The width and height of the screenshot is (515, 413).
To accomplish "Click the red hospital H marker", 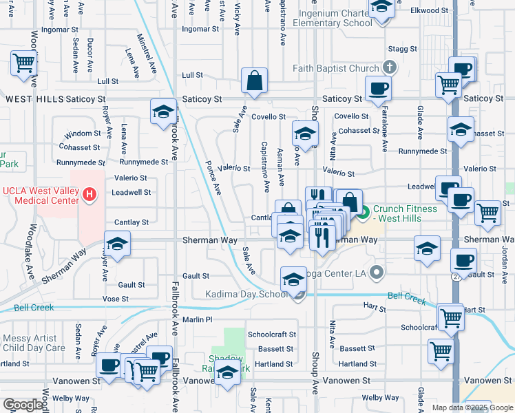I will (x=88, y=195).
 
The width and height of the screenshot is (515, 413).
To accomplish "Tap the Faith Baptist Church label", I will (x=335, y=68).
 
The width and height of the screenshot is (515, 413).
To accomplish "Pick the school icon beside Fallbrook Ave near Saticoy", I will (x=162, y=112).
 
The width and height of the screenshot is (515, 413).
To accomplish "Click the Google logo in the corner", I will (x=23, y=405).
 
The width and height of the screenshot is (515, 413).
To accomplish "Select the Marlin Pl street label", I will (x=198, y=319).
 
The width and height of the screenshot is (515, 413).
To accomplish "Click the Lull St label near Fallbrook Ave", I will (x=192, y=75).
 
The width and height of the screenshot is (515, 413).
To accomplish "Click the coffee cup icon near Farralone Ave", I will (x=378, y=89).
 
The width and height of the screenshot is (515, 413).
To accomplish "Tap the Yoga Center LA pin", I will (x=376, y=272).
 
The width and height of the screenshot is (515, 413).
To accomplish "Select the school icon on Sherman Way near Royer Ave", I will (x=118, y=244).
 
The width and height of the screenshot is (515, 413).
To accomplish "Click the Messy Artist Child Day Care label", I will (x=34, y=343).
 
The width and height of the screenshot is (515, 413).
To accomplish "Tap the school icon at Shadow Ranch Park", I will (x=228, y=374).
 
